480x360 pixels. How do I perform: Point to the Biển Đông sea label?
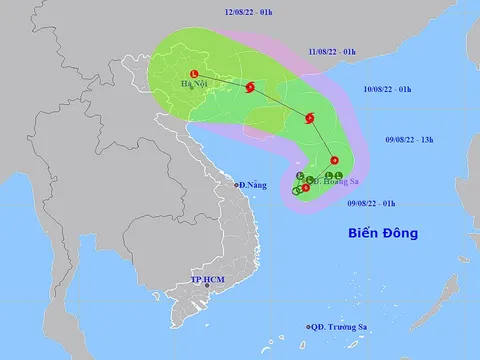tap(382, 234)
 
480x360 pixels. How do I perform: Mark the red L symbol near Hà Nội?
tap(195, 73)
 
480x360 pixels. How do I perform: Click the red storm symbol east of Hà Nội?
tap(250, 88)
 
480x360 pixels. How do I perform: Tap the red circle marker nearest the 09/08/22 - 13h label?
tap(334, 162)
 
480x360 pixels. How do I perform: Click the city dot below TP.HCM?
tap(206, 284)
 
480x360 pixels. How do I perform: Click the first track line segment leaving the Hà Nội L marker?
tap(222, 80)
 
